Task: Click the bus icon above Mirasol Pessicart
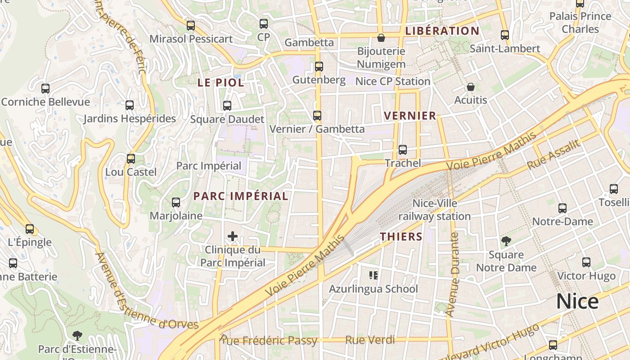(191, 26)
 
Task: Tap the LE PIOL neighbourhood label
(221, 83)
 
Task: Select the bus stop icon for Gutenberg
(319, 67)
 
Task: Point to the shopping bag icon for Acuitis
(471, 87)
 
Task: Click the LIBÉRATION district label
(442, 31)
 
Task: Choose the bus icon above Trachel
(403, 150)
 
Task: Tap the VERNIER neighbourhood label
(410, 116)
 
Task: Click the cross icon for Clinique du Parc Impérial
(233, 236)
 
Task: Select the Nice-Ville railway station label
(435, 210)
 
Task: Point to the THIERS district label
(401, 237)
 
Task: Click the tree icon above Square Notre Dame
(506, 241)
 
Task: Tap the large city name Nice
(577, 301)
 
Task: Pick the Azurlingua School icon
(373, 275)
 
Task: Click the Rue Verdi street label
(370, 340)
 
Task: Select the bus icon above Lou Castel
(131, 159)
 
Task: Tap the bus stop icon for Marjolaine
(176, 202)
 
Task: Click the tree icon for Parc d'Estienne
(77, 335)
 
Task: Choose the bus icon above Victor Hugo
(586, 262)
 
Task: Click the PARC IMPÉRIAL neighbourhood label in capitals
(241, 196)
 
